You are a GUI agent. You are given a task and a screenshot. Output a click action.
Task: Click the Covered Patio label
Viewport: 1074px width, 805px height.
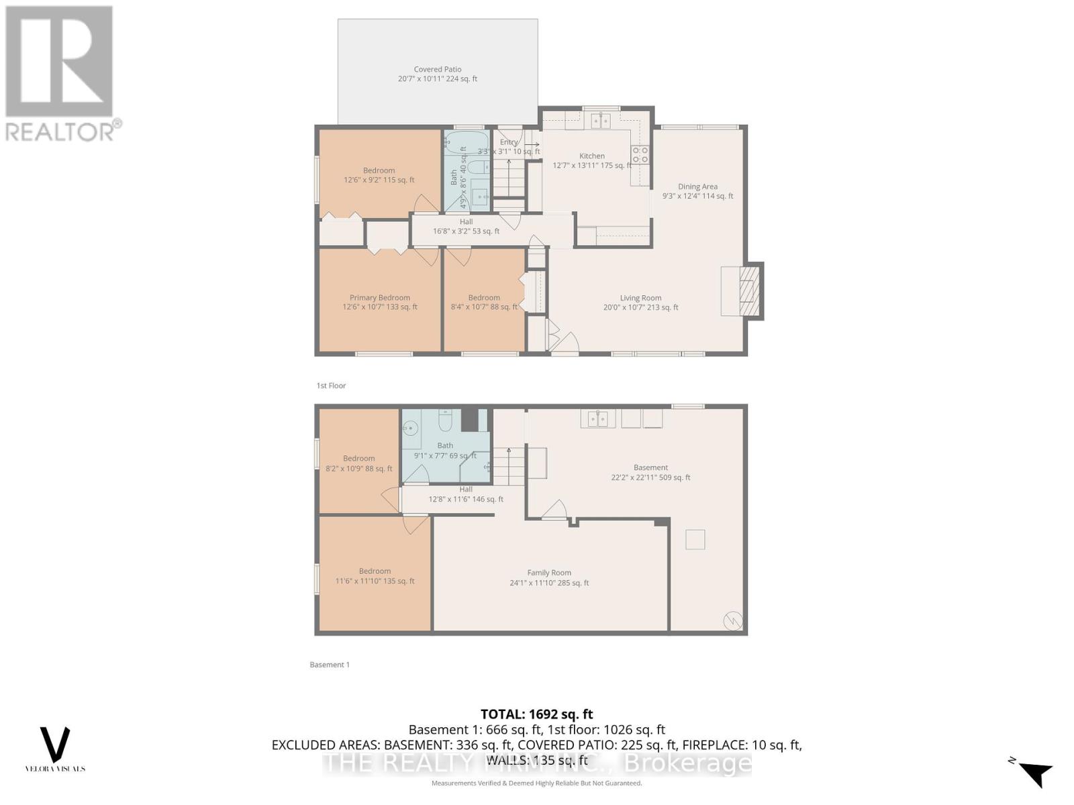(x=438, y=69)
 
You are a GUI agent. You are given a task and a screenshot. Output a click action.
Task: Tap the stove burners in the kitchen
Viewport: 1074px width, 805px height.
(x=640, y=155)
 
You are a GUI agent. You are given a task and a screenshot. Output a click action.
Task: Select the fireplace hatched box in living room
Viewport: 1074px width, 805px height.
(x=748, y=291)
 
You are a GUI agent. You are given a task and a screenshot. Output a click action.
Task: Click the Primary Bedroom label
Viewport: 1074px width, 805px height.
(x=379, y=298)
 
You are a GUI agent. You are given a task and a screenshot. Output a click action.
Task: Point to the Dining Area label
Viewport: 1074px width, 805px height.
(x=697, y=186)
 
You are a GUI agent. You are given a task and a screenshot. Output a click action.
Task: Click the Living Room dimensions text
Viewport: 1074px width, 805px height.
(x=640, y=308)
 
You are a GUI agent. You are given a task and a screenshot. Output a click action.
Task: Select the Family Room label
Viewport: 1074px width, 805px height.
(x=548, y=573)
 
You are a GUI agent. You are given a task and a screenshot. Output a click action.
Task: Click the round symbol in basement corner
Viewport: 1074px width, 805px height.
(x=732, y=621)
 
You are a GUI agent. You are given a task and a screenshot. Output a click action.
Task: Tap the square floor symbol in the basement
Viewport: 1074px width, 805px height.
(x=695, y=539)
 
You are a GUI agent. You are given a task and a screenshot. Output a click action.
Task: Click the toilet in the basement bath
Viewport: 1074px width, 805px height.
(x=445, y=420)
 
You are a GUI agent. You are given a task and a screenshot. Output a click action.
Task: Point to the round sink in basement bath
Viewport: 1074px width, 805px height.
(x=410, y=427)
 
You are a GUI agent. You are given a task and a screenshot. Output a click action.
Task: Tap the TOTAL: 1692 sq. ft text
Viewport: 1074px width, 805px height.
(x=536, y=714)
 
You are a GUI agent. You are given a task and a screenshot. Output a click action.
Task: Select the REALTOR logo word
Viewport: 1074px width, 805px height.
(x=64, y=131)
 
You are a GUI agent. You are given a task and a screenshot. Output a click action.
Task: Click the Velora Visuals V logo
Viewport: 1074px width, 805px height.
(x=55, y=745)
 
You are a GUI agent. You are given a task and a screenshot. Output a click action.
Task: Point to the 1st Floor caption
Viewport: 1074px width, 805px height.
(x=331, y=386)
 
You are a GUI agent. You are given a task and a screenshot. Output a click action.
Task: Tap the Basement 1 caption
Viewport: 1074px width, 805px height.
(x=329, y=665)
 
